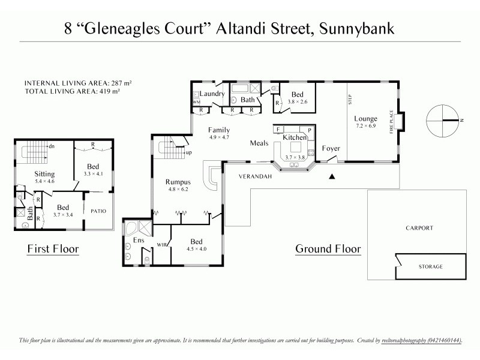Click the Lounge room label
coord(365,119)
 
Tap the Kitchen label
coord(295,137)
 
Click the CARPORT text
coord(419,229)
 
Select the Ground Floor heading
coord(328,248)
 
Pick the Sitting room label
coord(44,174)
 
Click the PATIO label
coord(98,211)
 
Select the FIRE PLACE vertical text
coord(391,122)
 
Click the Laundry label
coord(212,94)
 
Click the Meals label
coord(259,143)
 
